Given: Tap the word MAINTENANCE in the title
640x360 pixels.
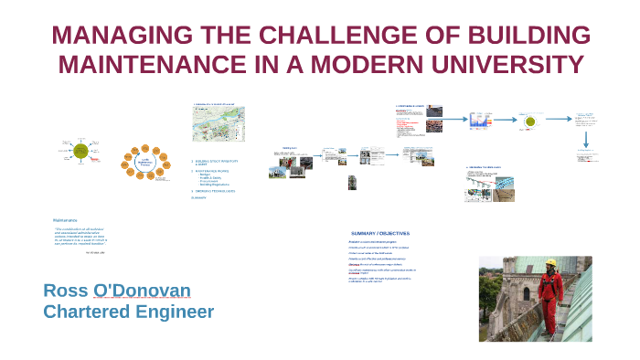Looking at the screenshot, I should pyautogui.click(x=151, y=66).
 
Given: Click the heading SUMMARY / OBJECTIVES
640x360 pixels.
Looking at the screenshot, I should pyautogui.click(x=380, y=233).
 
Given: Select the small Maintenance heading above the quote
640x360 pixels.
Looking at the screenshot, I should pyautogui.click(x=65, y=220).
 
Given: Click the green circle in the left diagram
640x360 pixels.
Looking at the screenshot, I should pyautogui.click(x=81, y=151).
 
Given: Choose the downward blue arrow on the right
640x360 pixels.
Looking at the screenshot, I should pyautogui.click(x=586, y=139).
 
